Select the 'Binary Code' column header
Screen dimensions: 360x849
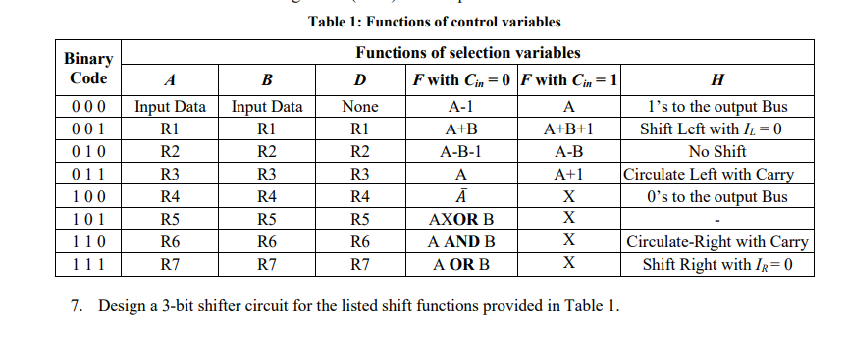click(88, 69)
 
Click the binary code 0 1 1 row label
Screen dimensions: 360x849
click(88, 175)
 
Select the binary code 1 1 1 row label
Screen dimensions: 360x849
click(88, 264)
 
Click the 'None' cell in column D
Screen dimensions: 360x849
click(358, 107)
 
